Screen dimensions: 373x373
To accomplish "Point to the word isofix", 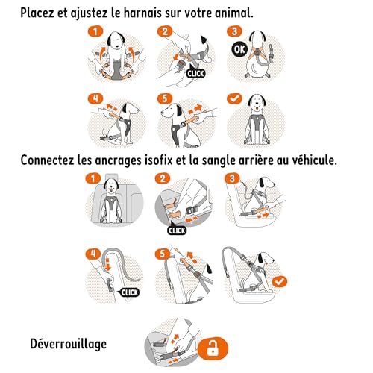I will click(181, 160).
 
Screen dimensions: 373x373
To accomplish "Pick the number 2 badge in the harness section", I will click(165, 31).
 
